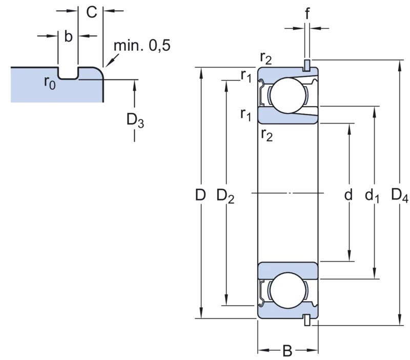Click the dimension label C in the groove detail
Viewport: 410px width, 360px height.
(92, 12)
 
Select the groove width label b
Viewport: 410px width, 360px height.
(68, 36)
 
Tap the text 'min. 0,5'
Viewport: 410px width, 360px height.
(142, 46)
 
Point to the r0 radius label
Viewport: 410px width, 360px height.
(50, 83)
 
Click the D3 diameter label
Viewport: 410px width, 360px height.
(135, 121)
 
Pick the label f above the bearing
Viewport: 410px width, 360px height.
(307, 13)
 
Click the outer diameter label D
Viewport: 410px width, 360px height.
(200, 195)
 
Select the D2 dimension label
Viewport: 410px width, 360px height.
(225, 196)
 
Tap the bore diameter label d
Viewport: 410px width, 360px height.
(348, 195)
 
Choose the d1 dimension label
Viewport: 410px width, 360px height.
(372, 196)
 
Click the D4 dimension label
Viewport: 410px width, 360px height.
(400, 195)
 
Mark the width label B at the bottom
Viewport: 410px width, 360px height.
(288, 351)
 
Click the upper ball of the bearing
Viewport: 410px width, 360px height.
(288, 95)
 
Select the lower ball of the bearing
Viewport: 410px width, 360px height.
(288, 290)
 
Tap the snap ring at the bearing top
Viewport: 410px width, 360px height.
(307, 66)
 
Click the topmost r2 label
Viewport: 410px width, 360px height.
(266, 58)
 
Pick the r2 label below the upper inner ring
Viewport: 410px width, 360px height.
(266, 135)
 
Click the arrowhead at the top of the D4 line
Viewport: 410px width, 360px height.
(400, 66)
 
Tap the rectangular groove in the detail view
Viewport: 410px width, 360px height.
(68, 73)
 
